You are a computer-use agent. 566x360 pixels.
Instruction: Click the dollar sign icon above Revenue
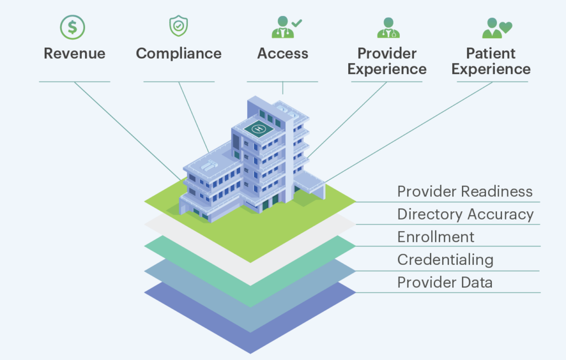tap(72, 27)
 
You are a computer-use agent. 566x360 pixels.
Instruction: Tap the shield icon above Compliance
tap(179, 25)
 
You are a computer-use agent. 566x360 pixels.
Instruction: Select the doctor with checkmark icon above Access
tap(287, 27)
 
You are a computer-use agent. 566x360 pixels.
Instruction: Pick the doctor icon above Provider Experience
tap(389, 28)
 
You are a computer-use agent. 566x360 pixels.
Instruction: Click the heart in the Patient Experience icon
tap(506, 27)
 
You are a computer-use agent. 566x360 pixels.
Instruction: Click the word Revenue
tap(75, 54)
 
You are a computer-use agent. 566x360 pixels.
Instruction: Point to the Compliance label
tap(179, 54)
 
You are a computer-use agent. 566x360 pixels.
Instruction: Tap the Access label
tap(282, 54)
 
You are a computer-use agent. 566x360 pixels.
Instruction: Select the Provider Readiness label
tap(465, 191)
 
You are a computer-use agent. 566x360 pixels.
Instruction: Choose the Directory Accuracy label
tap(465, 214)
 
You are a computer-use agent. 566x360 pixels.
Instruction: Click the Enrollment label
tap(436, 237)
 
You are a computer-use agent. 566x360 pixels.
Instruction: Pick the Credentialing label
tap(446, 259)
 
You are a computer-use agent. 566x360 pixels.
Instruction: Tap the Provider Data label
tap(445, 283)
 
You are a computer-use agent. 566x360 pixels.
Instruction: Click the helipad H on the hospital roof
tap(259, 128)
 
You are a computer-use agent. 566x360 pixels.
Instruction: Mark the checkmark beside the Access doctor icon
tap(297, 23)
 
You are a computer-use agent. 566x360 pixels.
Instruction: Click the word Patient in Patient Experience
tap(491, 54)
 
